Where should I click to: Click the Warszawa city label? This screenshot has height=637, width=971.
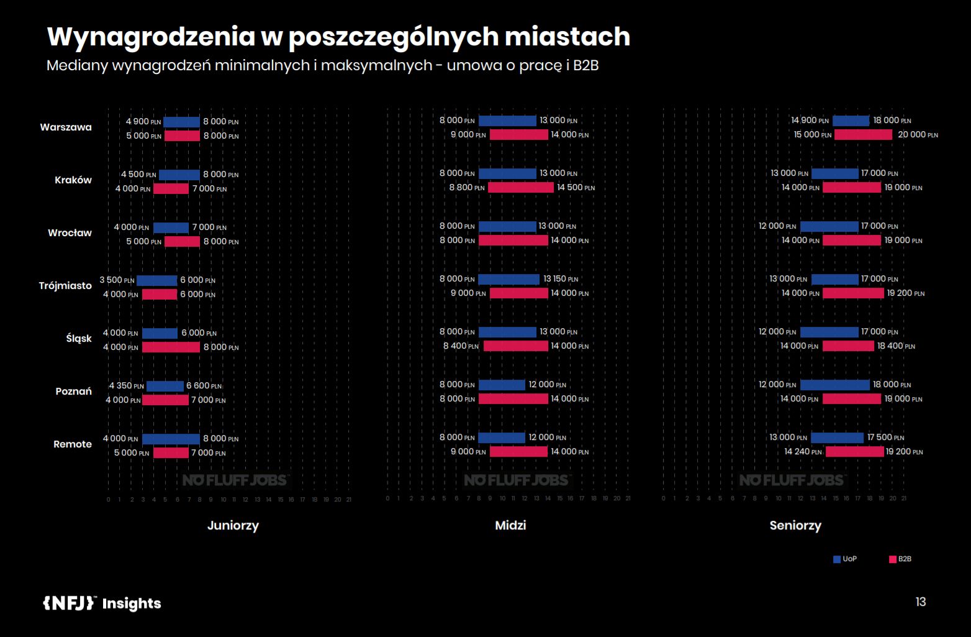click(x=66, y=127)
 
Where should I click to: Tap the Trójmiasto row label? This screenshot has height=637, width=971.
click(x=65, y=286)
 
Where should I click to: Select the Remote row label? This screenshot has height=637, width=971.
click(x=73, y=444)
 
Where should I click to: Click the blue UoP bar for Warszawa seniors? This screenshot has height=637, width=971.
click(x=851, y=121)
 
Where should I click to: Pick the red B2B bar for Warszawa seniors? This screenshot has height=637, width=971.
click(x=863, y=135)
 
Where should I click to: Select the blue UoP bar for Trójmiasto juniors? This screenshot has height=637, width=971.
click(x=156, y=280)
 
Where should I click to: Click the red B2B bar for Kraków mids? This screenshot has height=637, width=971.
click(x=520, y=188)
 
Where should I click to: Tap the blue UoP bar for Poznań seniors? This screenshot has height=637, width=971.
click(x=834, y=385)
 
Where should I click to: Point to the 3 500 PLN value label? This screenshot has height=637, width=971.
click(x=117, y=280)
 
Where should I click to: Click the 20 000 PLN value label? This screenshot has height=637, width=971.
click(x=918, y=135)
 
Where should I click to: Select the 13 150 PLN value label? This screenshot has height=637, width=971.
click(x=561, y=279)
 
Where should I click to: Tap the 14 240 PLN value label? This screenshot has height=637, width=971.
click(x=803, y=452)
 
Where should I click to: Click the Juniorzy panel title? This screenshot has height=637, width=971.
click(x=233, y=526)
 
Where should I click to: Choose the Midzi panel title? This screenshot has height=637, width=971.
click(x=510, y=526)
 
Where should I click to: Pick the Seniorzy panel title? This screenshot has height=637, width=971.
click(x=795, y=526)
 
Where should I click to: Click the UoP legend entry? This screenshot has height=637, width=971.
click(x=845, y=559)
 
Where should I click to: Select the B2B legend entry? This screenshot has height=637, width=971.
click(x=900, y=559)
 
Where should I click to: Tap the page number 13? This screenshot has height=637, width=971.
click(x=921, y=602)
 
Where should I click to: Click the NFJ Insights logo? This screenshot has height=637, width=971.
click(x=102, y=603)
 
